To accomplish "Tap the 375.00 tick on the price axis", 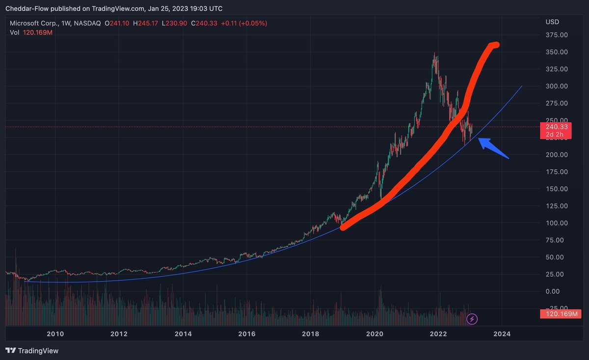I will pyautogui.click(x=556, y=35).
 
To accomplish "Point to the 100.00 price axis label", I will pyautogui.click(x=556, y=223).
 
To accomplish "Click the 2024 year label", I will pyautogui.click(x=502, y=334).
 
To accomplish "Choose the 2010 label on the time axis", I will pyautogui.click(x=55, y=334).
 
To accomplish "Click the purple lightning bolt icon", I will pyautogui.click(x=472, y=319).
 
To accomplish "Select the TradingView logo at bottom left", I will pyautogui.click(x=32, y=351).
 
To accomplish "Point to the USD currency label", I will pyautogui.click(x=552, y=22).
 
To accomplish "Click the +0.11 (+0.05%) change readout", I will pyautogui.click(x=244, y=23).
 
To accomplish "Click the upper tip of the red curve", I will pyautogui.click(x=496, y=45).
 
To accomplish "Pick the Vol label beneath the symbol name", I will pyautogui.click(x=14, y=32).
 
